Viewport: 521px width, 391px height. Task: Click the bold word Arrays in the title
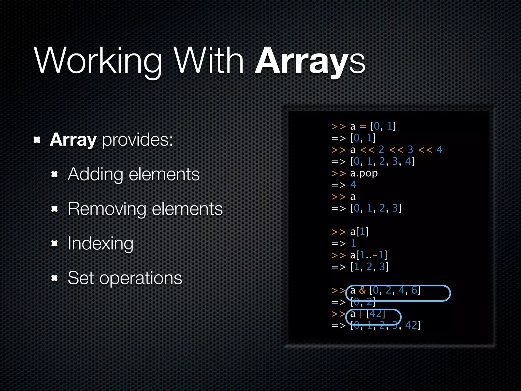tap(310, 61)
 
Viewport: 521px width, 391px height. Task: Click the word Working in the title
tap(98, 61)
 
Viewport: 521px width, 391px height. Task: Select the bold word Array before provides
tap(73, 140)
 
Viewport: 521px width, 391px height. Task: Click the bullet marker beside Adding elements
tap(54, 174)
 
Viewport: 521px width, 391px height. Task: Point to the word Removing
tap(107, 209)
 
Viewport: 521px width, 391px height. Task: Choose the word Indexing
tap(100, 244)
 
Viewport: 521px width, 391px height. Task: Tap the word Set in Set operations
tap(81, 278)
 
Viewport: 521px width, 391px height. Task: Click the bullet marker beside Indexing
tap(54, 244)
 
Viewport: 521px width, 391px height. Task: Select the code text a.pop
tap(364, 173)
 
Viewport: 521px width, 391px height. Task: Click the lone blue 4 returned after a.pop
tap(353, 185)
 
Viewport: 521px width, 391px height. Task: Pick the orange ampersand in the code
tap(362, 290)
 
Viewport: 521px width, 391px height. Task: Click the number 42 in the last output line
tap(411, 325)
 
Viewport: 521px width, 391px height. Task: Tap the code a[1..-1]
tap(368, 255)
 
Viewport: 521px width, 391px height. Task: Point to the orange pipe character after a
tap(361, 314)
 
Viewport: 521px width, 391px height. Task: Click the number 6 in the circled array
tap(414, 290)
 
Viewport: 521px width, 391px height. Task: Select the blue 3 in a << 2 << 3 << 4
tap(410, 149)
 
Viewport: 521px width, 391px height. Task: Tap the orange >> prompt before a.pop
tap(338, 173)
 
